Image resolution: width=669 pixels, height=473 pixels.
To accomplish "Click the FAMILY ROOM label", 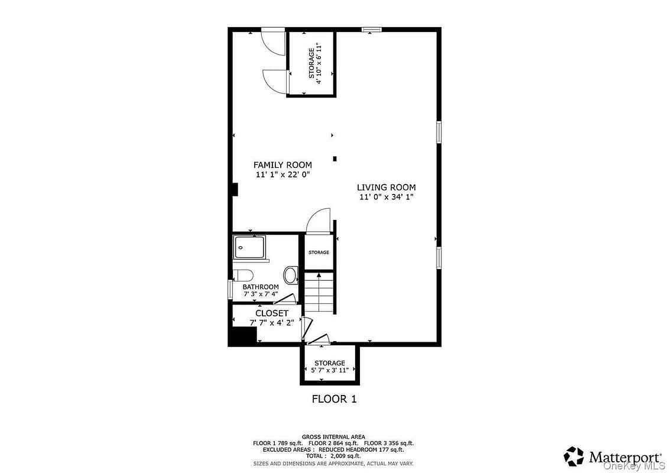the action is (x=282, y=165).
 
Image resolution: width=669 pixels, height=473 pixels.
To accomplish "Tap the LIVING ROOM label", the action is (x=386, y=187).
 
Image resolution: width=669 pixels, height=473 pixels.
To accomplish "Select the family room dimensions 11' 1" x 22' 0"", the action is (x=282, y=174).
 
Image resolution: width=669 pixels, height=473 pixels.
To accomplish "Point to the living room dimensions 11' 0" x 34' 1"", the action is (x=386, y=197).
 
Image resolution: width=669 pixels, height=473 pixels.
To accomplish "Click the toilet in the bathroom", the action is (x=243, y=274).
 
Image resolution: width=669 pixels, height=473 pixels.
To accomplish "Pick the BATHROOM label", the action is (x=261, y=287).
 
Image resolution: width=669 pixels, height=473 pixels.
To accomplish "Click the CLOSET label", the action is (x=272, y=313).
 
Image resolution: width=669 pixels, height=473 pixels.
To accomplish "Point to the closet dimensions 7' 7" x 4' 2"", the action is (x=272, y=323).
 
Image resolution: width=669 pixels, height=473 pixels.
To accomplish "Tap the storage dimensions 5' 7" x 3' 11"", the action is (x=330, y=370).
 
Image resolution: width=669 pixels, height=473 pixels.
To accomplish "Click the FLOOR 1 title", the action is (x=334, y=399).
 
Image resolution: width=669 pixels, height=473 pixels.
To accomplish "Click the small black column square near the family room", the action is (x=335, y=159).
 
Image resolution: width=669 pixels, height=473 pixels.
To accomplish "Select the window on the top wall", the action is (x=371, y=30).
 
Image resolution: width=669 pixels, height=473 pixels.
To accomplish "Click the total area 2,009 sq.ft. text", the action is (x=333, y=456).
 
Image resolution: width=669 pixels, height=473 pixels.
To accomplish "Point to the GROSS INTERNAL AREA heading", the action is (x=333, y=437).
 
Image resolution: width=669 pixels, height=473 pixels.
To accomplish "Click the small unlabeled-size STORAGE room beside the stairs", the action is (x=319, y=252).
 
